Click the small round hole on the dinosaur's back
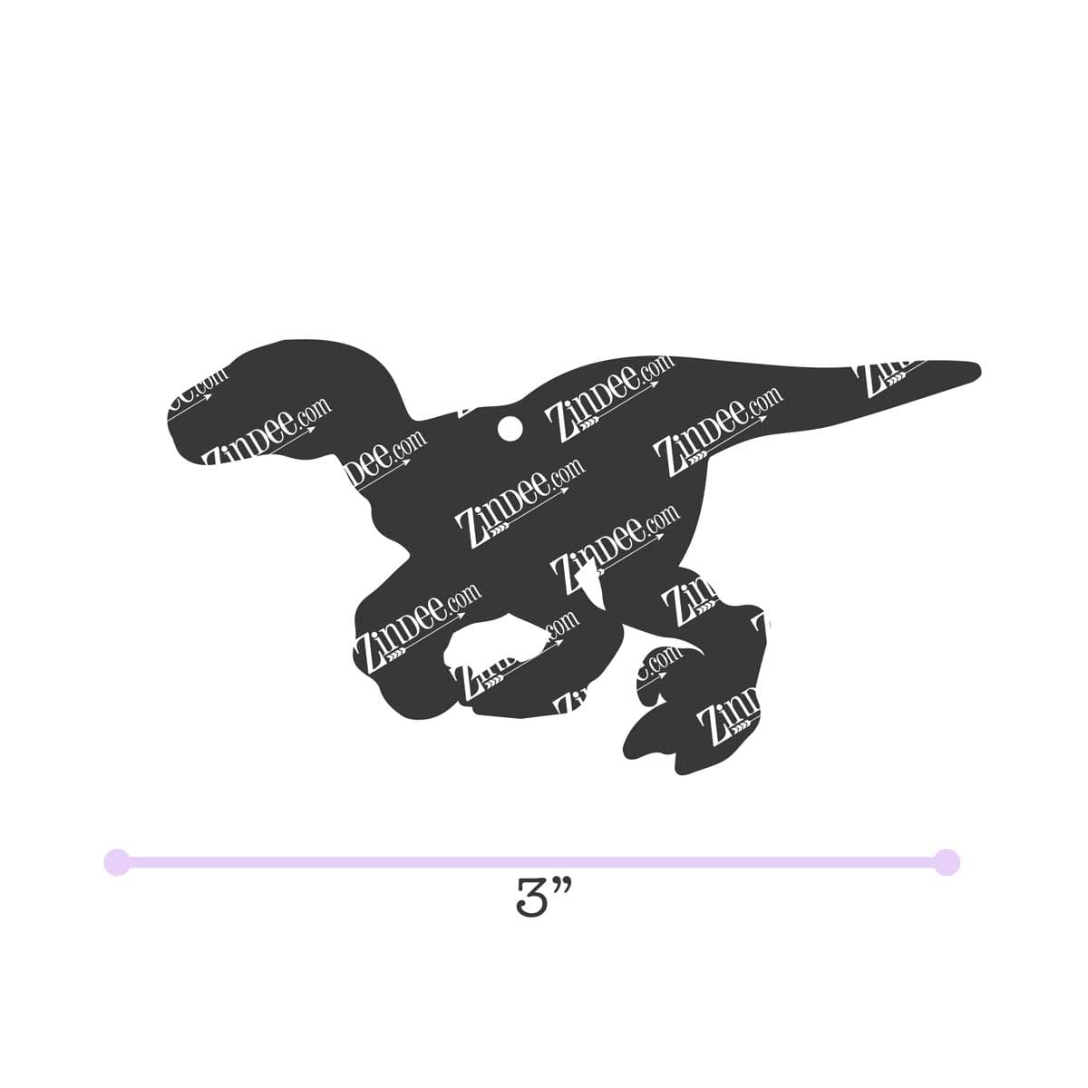click(509, 426)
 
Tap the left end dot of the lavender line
click(117, 861)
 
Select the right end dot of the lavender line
click(947, 861)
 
